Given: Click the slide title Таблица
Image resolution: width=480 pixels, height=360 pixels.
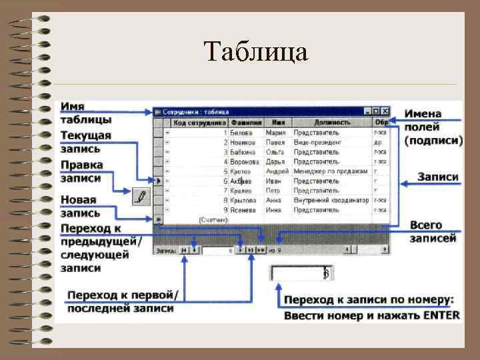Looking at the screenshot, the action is click(256, 51).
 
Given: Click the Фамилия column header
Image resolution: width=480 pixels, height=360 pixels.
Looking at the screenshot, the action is click(246, 123).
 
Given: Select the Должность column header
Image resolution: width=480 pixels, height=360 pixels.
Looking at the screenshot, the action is click(332, 123).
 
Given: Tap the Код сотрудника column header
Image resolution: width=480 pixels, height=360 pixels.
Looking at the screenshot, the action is click(200, 123).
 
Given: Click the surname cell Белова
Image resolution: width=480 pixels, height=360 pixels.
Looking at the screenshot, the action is click(241, 133).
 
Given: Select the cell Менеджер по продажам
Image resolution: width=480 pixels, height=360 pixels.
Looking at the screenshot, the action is click(331, 171).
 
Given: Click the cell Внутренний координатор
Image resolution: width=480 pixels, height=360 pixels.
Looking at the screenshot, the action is click(331, 200).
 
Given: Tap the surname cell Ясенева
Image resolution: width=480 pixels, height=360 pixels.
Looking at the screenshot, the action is click(243, 209).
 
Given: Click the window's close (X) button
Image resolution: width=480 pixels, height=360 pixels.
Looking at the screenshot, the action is click(385, 111).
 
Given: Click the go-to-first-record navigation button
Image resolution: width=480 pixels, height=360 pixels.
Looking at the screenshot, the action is click(183, 250).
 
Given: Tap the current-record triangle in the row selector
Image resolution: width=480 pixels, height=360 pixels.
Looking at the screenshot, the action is click(159, 181).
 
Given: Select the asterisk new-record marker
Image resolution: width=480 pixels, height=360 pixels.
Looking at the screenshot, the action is click(159, 219).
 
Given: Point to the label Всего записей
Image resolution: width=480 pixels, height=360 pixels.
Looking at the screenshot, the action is click(433, 231).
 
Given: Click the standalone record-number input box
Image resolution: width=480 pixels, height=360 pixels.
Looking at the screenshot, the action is click(300, 273).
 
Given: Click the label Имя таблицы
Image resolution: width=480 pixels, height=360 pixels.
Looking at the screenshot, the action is click(85, 113).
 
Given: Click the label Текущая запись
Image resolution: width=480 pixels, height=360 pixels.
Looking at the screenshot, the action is click(85, 143).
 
